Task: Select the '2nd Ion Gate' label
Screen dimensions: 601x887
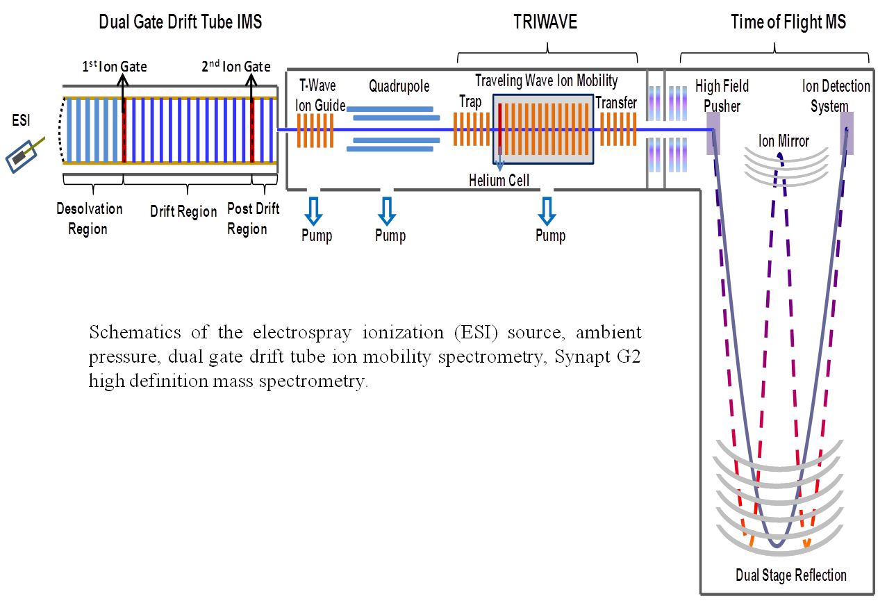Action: coord(236,67)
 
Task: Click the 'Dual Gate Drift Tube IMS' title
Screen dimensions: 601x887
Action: coord(181,22)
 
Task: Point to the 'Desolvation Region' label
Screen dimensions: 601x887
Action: coord(89,218)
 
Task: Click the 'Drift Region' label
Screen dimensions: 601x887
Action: coord(183,212)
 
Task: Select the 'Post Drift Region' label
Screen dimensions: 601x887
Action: coord(253,218)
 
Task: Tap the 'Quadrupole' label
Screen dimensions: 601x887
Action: coord(399,87)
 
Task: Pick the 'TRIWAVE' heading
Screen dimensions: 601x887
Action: coord(546,22)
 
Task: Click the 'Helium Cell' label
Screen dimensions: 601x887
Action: coord(499,181)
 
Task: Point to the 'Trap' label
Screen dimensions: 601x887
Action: coord(470,102)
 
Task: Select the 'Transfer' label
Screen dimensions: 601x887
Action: coord(617,102)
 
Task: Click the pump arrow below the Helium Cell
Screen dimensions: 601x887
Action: coord(547,211)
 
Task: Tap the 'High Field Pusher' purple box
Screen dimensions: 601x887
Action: coord(716,133)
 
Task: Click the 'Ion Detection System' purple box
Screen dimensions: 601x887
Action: coord(846,133)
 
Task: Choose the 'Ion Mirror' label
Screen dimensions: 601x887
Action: coord(784,142)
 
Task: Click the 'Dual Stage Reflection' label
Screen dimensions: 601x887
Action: coord(790,575)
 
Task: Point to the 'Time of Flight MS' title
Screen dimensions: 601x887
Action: coord(788,22)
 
